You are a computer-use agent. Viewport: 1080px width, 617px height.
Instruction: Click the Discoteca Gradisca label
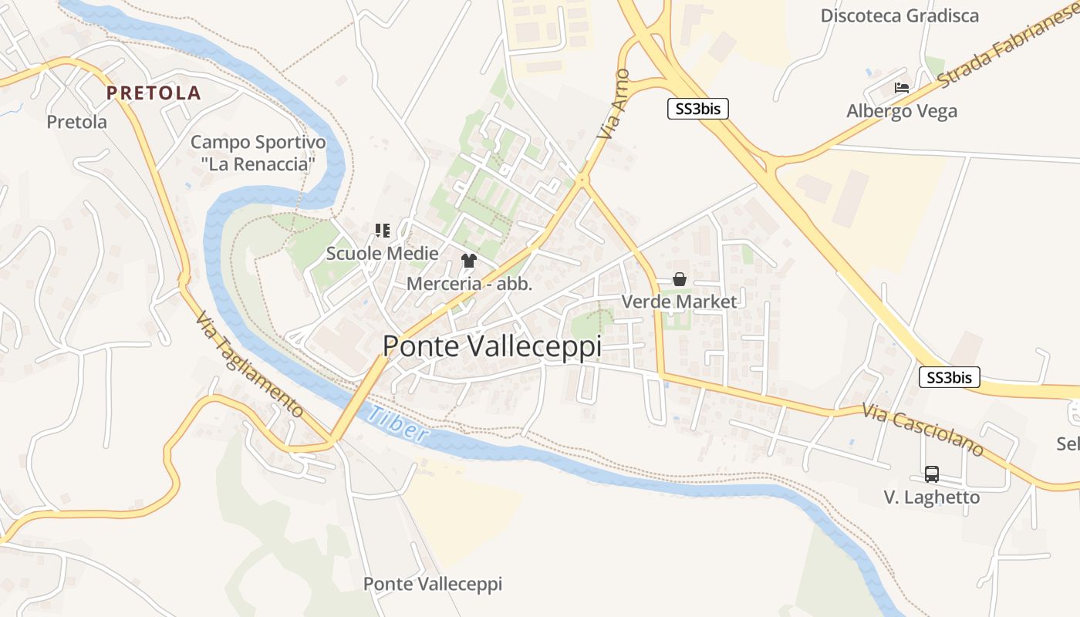[899, 16]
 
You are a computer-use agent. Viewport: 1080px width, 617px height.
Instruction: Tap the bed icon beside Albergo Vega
[901, 88]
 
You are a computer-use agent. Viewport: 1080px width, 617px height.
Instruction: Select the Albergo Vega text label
[902, 111]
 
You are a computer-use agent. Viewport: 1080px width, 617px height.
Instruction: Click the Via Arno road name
[614, 104]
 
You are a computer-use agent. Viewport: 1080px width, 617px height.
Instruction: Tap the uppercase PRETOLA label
[154, 93]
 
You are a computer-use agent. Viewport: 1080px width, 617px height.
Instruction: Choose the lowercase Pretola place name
[77, 122]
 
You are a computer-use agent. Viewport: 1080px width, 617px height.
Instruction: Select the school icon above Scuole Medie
[382, 231]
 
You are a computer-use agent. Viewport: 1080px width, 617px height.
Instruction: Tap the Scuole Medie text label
[382, 254]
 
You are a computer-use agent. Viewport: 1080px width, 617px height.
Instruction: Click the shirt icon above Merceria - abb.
[469, 261]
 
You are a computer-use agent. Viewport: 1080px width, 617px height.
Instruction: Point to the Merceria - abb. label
[469, 284]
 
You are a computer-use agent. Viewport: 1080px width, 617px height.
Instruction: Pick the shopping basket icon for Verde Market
[680, 279]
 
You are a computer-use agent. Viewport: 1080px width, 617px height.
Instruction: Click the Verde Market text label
[680, 302]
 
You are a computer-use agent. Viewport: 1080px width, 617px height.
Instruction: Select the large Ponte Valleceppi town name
[492, 346]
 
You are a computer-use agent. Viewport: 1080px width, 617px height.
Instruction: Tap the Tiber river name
[398, 424]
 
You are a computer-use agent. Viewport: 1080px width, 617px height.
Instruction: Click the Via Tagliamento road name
[248, 365]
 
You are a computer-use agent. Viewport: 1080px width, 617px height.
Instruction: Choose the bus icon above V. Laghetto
[932, 474]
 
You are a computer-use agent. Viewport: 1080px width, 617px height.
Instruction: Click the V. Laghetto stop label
[932, 497]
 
